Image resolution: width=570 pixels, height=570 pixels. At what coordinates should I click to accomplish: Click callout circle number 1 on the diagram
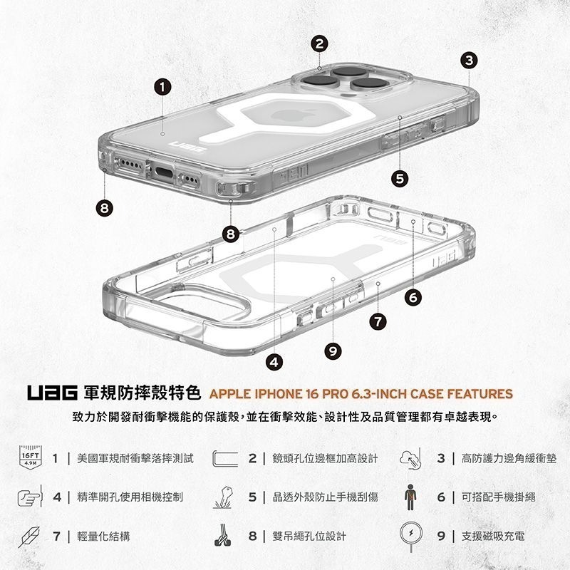pyautogui.click(x=164, y=87)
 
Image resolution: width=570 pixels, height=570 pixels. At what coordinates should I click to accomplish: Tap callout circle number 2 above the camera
pyautogui.click(x=320, y=44)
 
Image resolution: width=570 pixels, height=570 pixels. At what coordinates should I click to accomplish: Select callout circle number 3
pyautogui.click(x=468, y=60)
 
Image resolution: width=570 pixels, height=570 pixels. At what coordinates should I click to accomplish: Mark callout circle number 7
pyautogui.click(x=378, y=323)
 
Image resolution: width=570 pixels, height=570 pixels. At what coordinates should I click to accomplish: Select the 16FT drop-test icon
pyautogui.click(x=29, y=457)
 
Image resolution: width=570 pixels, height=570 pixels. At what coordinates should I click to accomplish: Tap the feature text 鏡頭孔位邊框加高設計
pyautogui.click(x=321, y=457)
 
